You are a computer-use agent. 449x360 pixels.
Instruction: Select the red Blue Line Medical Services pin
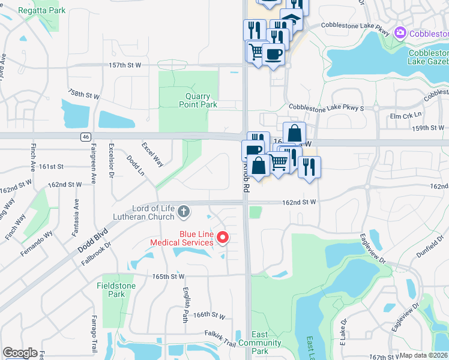pyautogui.click(x=223, y=238)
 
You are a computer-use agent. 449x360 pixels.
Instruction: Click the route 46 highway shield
pyautogui.click(x=86, y=137)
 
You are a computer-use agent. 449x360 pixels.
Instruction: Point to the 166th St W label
pyautogui.click(x=209, y=315)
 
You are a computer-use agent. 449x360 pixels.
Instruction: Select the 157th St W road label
pyautogui.click(x=125, y=64)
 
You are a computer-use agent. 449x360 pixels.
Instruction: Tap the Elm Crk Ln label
pyautogui.click(x=406, y=115)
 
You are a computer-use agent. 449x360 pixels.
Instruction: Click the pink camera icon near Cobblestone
pyautogui.click(x=400, y=34)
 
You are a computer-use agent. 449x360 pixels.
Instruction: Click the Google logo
pyautogui.click(x=20, y=353)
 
